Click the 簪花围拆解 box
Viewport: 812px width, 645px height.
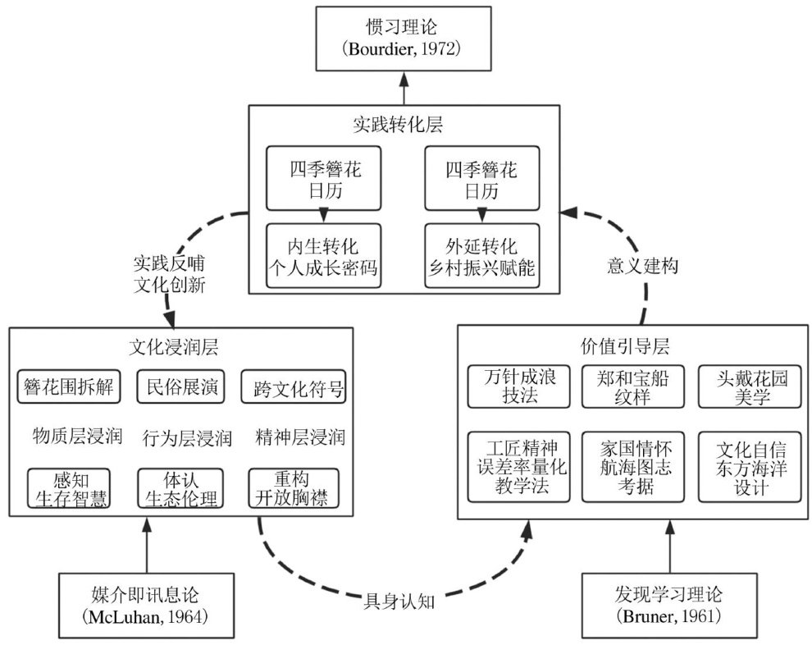point(69,386)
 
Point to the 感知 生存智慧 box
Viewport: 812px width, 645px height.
point(69,488)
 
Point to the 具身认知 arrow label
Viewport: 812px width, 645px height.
point(398,601)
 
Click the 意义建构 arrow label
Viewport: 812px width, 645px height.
point(645,268)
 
